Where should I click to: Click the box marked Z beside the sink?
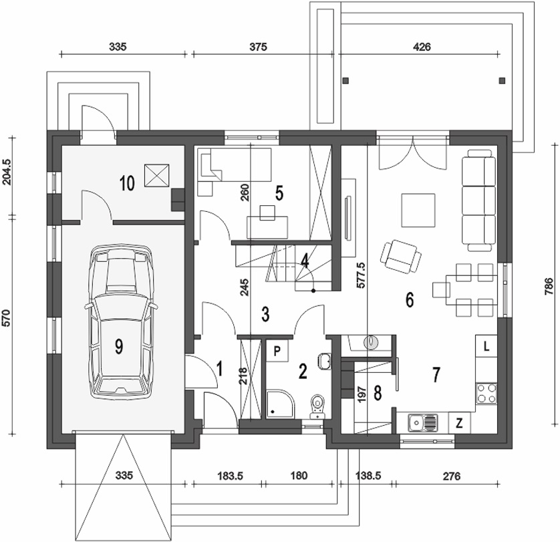pyautogui.click(x=460, y=422)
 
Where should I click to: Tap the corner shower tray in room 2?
pyautogui.click(x=278, y=403)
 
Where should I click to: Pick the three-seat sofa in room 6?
pyautogui.click(x=478, y=200)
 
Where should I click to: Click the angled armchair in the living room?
pyautogui.click(x=400, y=256)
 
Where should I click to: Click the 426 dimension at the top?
pyautogui.click(x=422, y=47)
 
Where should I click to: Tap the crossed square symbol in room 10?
pyautogui.click(x=158, y=176)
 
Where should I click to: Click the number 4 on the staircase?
pyautogui.click(x=305, y=261)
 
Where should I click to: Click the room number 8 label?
pyautogui.click(x=378, y=392)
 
